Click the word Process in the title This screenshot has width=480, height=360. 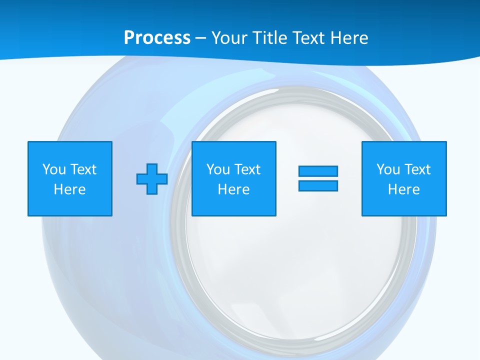157,37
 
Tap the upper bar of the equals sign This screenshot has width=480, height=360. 318,171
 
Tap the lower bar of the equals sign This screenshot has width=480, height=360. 318,186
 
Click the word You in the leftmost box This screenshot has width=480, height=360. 54,169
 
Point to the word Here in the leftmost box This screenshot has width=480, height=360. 70,189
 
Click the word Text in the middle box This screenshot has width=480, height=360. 247,169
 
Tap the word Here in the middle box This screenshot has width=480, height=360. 233,189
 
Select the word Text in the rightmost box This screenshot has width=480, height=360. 417,169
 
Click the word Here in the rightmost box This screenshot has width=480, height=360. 404,189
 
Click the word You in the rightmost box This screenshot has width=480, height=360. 388,169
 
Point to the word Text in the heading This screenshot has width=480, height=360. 307,37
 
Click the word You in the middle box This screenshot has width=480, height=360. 218,169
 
